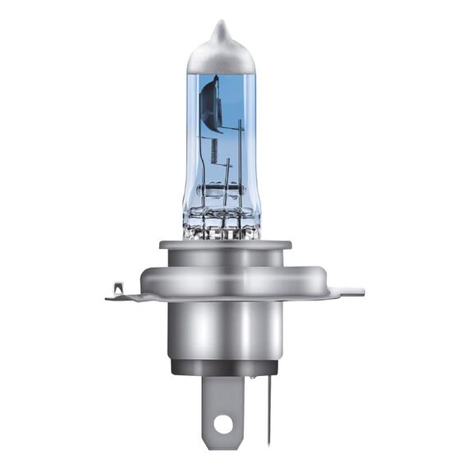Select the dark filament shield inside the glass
tap(210, 103)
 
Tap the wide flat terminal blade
tap(223, 402)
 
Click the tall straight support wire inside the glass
tap(240, 164)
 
